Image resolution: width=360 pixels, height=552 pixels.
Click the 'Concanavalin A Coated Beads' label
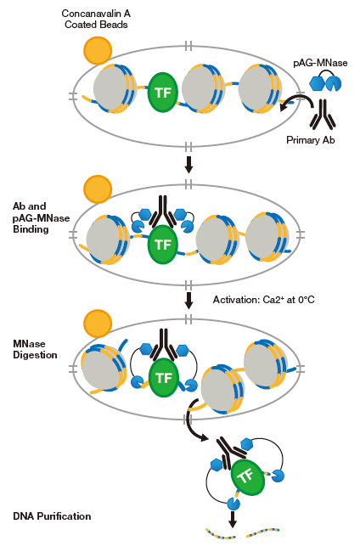tap(96, 19)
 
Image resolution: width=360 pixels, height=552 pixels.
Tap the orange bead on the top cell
tap(98, 51)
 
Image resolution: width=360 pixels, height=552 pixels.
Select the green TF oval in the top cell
tap(162, 93)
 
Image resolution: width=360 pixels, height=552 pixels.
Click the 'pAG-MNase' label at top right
tap(320, 63)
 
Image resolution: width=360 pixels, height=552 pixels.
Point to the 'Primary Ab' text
tap(311, 140)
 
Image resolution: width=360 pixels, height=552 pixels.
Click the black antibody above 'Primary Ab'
tap(323, 113)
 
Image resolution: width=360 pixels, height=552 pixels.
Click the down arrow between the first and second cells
tap(188, 165)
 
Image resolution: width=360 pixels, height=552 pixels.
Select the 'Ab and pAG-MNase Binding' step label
tap(41, 218)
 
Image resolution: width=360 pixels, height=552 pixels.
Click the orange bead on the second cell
tap(98, 189)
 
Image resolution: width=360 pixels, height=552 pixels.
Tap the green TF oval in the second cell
tap(162, 245)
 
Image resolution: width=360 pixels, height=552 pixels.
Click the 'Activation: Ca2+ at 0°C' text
tap(264, 300)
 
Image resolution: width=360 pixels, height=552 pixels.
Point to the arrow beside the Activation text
tap(188, 301)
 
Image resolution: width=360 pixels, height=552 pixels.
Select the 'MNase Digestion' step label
tap(35, 349)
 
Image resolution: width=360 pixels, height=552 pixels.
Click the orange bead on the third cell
tap(98, 324)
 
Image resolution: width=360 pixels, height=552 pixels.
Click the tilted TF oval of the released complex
tap(247, 477)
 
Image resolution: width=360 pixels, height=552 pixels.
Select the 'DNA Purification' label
tap(52, 516)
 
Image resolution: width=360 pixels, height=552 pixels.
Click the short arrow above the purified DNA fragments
tap(232, 519)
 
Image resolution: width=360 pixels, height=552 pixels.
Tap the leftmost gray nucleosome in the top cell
tap(110, 88)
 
